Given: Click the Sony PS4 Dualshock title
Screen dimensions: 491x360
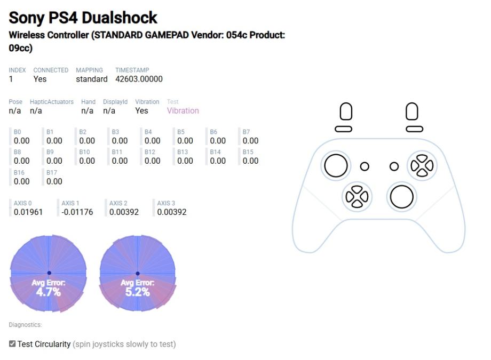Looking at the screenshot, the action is (83, 18).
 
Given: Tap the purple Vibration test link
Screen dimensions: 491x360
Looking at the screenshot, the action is (183, 110).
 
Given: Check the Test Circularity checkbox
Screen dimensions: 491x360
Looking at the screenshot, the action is (12, 343).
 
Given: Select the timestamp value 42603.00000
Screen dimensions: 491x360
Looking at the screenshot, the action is (139, 79).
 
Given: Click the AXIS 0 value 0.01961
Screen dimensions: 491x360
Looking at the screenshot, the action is (28, 212).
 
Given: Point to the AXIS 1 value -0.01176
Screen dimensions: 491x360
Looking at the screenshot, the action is (77, 212).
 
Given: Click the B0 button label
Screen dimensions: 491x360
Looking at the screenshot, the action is (17, 132).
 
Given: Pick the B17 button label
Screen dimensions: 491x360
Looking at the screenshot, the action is (52, 172).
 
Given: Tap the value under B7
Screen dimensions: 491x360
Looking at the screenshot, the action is (250, 141).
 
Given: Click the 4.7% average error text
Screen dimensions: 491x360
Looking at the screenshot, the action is (48, 292).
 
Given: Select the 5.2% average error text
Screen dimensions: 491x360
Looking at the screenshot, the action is (138, 292).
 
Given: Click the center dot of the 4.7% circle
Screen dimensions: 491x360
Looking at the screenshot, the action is (49, 273).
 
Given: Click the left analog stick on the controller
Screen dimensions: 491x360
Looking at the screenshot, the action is (336, 165).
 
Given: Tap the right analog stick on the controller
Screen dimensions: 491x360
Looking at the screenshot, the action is (401, 197).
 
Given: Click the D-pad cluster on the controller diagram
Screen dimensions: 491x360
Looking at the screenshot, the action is (357, 197).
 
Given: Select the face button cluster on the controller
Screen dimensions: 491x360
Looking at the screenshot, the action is (422, 165).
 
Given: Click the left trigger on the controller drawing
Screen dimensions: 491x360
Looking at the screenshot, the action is (346, 111).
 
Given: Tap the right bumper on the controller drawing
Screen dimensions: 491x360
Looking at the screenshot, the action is (414, 129).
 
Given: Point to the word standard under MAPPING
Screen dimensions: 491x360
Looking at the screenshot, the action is (92, 79).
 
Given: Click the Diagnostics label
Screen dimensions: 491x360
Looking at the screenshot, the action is (26, 325).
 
